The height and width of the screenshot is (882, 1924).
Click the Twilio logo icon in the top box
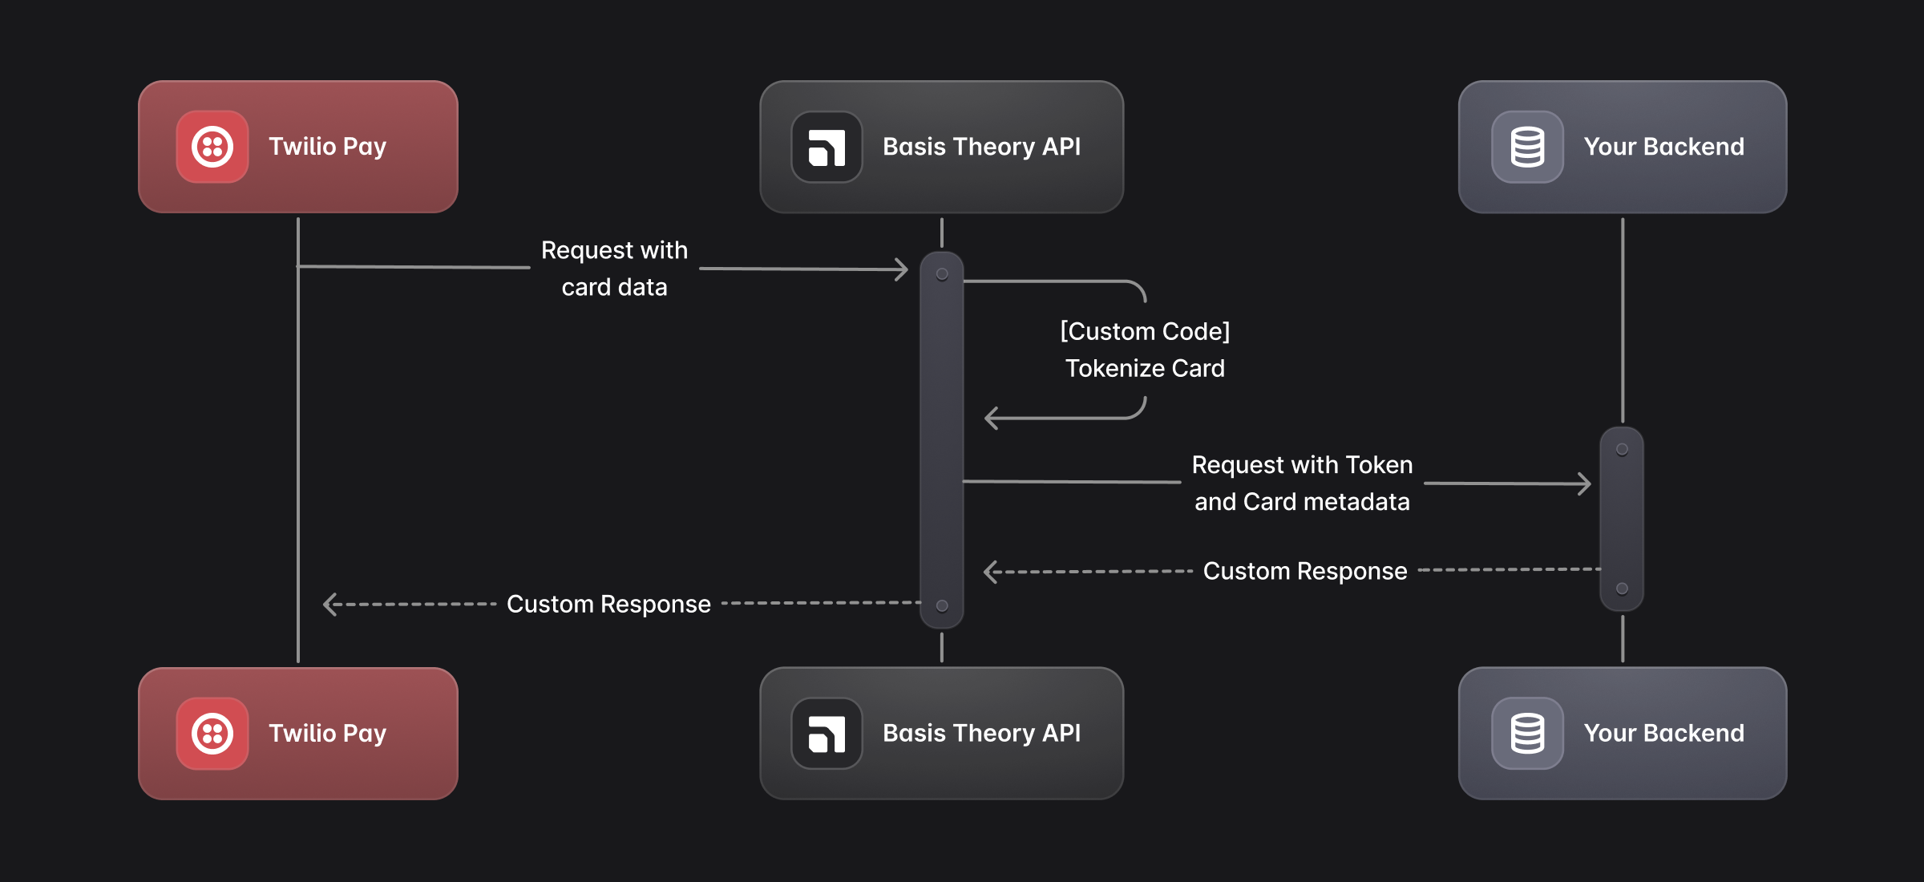tap(212, 147)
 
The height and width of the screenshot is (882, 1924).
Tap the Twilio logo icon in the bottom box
tap(212, 734)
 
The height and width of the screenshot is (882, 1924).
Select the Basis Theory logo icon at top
tap(827, 148)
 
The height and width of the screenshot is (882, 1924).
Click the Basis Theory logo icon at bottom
tap(827, 734)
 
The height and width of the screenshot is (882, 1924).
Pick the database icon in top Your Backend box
tap(1527, 148)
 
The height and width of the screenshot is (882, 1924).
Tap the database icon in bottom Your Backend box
tap(1527, 734)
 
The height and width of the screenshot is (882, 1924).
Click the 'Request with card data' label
tap(614, 269)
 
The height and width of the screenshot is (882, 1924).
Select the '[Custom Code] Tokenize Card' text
tap(1145, 350)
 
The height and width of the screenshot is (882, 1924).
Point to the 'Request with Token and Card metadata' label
tap(1302, 483)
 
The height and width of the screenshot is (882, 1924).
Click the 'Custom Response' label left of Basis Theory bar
tap(608, 604)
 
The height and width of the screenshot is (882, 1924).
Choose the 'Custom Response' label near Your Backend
tap(1305, 571)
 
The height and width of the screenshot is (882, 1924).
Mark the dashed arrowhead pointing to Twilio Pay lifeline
tap(329, 604)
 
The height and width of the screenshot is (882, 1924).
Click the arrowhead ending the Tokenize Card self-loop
tap(991, 418)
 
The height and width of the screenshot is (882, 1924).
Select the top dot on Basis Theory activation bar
tap(942, 274)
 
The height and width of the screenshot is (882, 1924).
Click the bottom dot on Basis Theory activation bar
tap(942, 606)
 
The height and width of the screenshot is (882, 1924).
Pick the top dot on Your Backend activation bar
tap(1622, 450)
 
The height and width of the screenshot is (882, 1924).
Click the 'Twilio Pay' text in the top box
tap(327, 147)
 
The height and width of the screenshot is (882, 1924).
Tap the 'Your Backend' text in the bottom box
tap(1663, 733)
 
